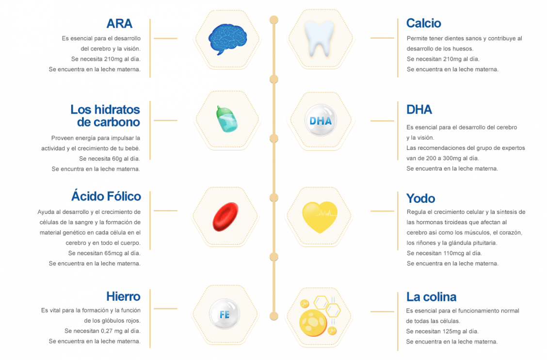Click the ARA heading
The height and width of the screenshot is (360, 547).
[x=119, y=24]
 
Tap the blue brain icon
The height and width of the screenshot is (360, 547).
[x=227, y=39]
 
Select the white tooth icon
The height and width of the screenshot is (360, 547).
[x=319, y=38]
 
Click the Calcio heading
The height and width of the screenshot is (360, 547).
[x=423, y=23]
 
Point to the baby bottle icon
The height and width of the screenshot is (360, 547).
[x=227, y=119]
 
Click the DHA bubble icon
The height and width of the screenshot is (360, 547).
[x=321, y=120]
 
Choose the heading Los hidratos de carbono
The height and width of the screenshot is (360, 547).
[x=105, y=115]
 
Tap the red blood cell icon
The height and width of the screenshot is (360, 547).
[x=225, y=217]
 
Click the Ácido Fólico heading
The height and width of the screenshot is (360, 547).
[x=106, y=196]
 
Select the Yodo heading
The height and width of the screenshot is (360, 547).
[x=421, y=198]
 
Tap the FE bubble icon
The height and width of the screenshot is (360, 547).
[x=225, y=314]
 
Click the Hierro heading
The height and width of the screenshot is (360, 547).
[x=124, y=296]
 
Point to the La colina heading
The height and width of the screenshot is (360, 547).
[x=431, y=297]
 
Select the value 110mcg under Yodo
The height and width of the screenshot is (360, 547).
[x=452, y=253]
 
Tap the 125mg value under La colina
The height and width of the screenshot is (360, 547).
[x=452, y=331]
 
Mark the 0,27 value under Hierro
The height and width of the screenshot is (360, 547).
[x=108, y=331]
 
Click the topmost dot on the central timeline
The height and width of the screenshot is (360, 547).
[x=274, y=20]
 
